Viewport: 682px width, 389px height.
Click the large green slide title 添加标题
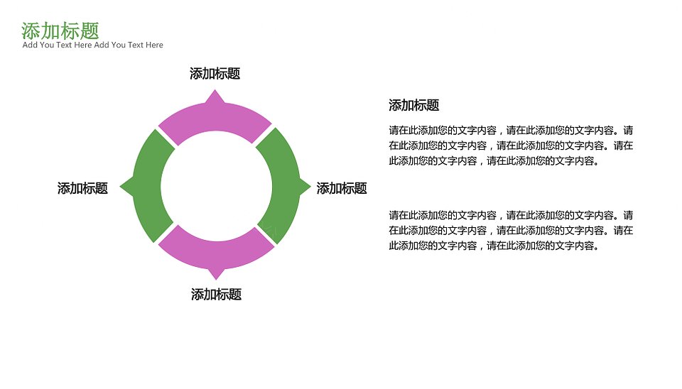(60, 31)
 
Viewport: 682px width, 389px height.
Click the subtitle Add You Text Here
(92, 45)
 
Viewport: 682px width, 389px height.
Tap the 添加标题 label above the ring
(215, 73)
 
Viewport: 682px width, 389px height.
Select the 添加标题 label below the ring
(216, 295)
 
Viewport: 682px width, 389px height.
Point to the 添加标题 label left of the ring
(82, 188)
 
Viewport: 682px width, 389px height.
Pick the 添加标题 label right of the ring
(342, 188)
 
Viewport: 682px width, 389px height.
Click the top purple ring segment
(215, 119)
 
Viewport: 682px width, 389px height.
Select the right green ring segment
(285, 187)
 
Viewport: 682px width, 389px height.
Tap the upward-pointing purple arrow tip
(215, 90)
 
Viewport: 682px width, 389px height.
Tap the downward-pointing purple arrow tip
(216, 278)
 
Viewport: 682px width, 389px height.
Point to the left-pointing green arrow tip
(121, 187)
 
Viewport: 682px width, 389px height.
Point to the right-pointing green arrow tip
(310, 187)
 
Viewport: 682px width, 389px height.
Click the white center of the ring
(217, 186)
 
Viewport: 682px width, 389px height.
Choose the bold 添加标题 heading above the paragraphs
(414, 105)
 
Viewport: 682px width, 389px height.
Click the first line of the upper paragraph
(511, 131)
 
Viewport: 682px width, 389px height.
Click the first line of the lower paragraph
(511, 215)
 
